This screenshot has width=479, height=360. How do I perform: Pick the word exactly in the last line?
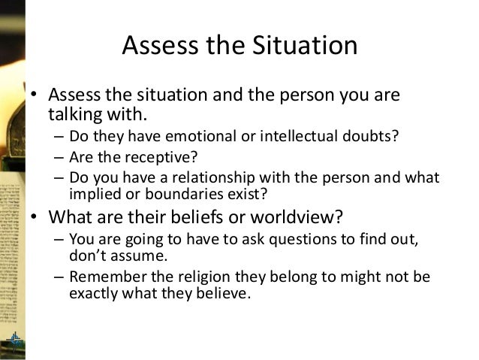tap(91, 292)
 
